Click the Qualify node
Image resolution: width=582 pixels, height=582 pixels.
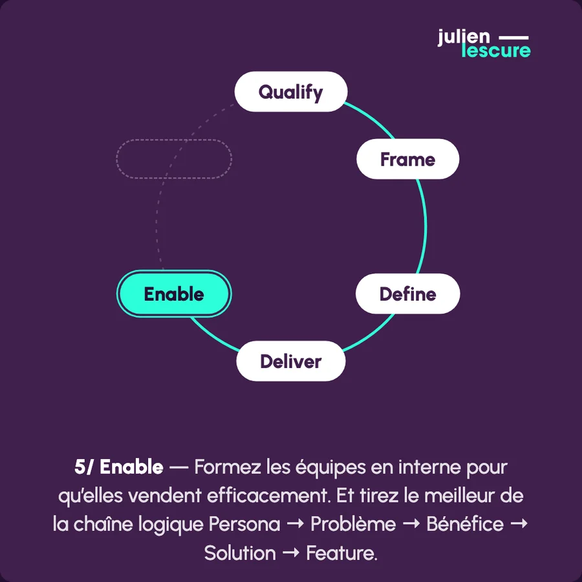(291, 92)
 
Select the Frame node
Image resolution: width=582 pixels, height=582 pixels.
(407, 159)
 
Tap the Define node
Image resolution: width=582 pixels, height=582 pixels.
(407, 294)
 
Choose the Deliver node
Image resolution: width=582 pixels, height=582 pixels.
(291, 361)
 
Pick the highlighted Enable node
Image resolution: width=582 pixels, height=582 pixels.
(174, 294)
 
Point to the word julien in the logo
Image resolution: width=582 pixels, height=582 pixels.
(464, 38)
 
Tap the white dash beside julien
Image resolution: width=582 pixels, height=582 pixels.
(513, 38)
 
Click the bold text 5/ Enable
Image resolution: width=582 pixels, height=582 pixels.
(119, 467)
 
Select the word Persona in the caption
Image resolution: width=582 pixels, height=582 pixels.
(244, 524)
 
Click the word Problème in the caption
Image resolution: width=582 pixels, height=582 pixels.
(353, 524)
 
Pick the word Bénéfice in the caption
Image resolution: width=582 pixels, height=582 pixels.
(465, 524)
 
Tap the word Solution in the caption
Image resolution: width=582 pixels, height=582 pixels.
(240, 554)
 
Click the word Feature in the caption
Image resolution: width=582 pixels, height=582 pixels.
(341, 554)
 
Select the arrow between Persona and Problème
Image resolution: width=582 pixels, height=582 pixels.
(296, 524)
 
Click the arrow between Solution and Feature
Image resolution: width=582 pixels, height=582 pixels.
(291, 553)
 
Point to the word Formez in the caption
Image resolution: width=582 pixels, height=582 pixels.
(227, 467)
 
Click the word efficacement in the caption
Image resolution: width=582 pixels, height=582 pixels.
(268, 496)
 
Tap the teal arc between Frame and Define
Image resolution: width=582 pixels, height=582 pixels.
(425, 226)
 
